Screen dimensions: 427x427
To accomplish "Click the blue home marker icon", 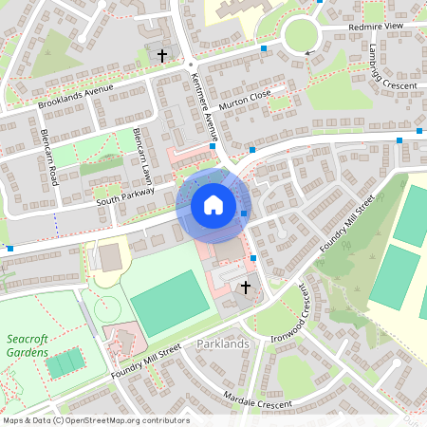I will [213, 205].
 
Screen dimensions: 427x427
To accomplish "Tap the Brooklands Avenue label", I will [75, 97].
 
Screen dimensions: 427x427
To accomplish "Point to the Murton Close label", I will [245, 100].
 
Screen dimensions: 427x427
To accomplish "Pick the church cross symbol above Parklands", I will [246, 287].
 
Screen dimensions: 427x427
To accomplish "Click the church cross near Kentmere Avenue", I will [161, 56].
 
